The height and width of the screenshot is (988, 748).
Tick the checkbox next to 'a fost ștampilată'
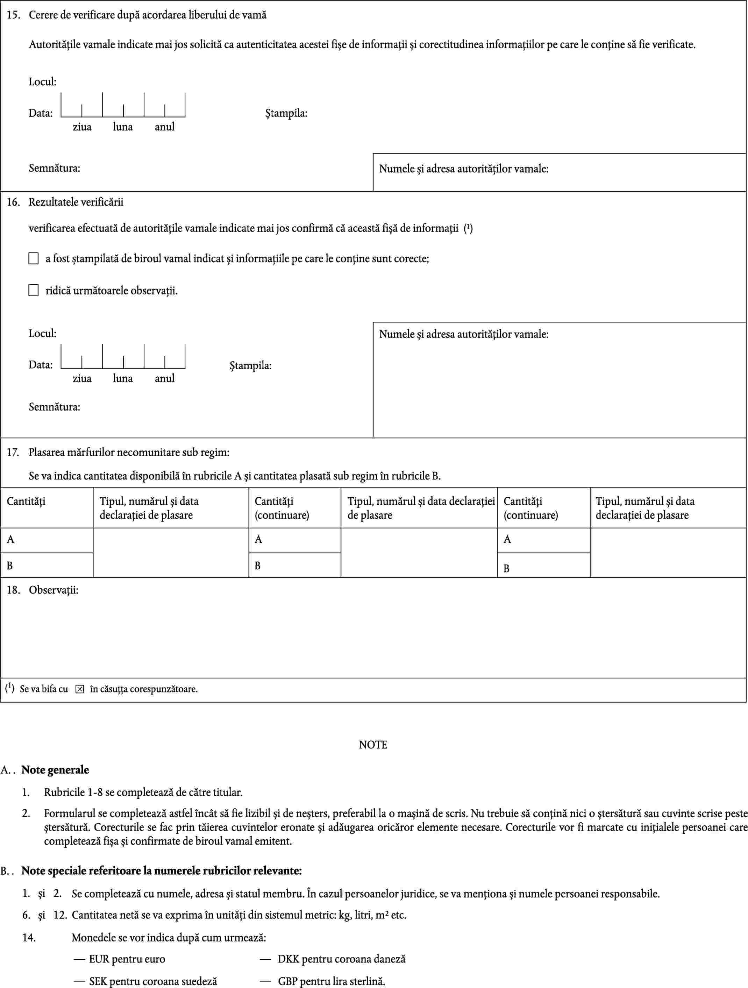point(34,258)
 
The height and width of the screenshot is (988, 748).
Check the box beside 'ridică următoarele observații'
point(34,291)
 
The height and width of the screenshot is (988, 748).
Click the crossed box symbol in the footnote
point(79,689)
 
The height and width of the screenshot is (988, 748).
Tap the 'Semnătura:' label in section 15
point(55,168)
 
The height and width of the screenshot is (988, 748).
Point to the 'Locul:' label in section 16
point(42,333)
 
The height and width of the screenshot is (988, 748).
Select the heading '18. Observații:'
point(43,590)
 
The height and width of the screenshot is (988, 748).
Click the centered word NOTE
point(373,745)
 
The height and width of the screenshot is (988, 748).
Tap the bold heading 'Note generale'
point(55,770)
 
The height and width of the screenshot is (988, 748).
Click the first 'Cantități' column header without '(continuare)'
point(26,501)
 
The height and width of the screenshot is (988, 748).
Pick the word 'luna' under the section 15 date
point(123,127)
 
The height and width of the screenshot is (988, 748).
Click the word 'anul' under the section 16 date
point(164,379)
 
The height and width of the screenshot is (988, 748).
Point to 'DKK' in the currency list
point(287,959)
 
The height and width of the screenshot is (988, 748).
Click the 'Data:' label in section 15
point(41,113)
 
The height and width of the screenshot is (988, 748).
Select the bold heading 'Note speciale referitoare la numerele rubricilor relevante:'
point(162,871)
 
